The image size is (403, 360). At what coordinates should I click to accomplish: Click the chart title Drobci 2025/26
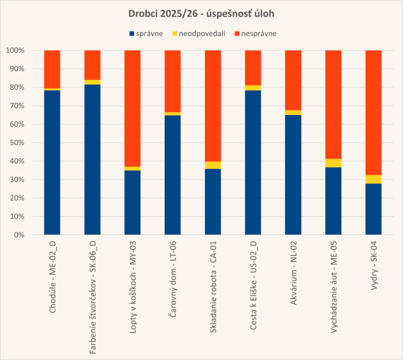tap(201, 14)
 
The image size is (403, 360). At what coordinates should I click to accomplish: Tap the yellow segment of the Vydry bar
tap(374, 179)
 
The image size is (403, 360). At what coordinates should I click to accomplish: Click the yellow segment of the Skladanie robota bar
tap(213, 165)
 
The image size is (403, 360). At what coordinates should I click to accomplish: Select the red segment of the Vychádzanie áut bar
tap(333, 104)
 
